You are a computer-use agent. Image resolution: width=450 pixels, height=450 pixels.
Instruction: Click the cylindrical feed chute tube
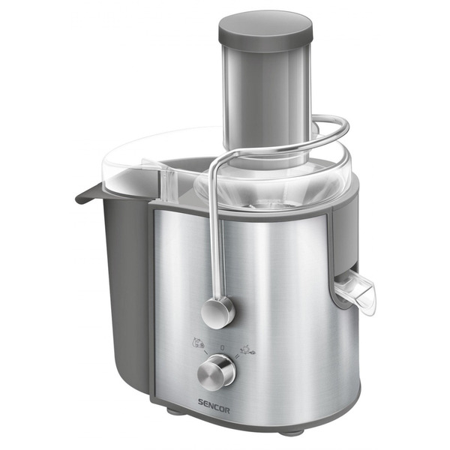tap(264, 97)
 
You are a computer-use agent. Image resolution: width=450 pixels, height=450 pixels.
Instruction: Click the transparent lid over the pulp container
tap(142, 161)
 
